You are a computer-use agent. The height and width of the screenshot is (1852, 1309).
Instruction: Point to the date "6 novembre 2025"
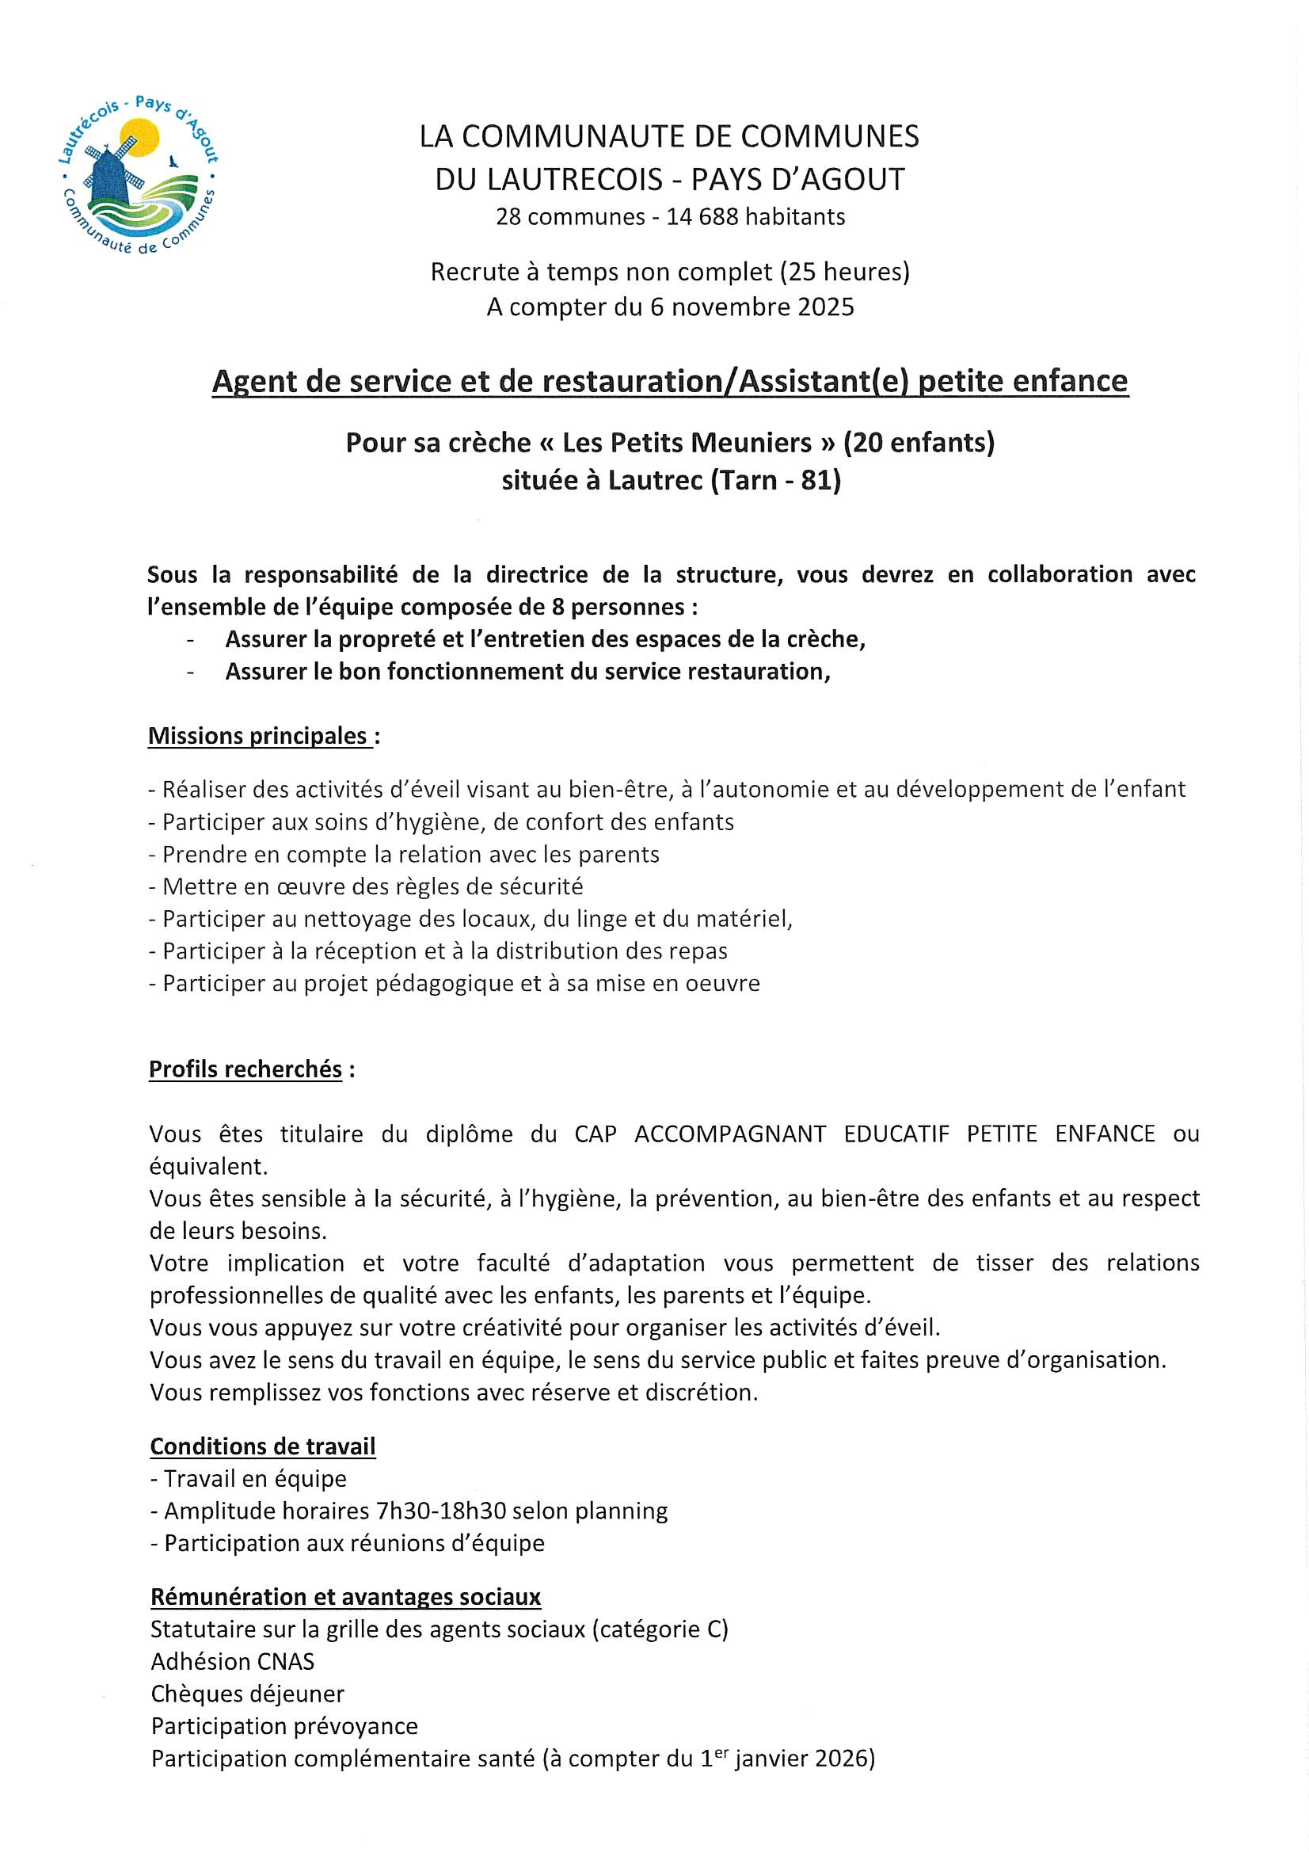(752, 307)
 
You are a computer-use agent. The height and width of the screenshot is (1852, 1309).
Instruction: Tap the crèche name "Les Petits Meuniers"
(687, 443)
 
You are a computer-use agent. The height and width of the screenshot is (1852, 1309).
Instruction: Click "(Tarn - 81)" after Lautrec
(775, 481)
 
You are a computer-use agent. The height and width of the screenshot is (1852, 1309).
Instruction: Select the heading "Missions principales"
(258, 736)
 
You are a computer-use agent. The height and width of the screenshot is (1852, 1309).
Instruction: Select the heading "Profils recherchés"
(246, 1069)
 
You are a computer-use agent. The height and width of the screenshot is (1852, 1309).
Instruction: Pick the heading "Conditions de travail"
(263, 1446)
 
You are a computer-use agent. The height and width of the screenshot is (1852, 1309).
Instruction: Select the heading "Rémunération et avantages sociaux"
(345, 1596)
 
